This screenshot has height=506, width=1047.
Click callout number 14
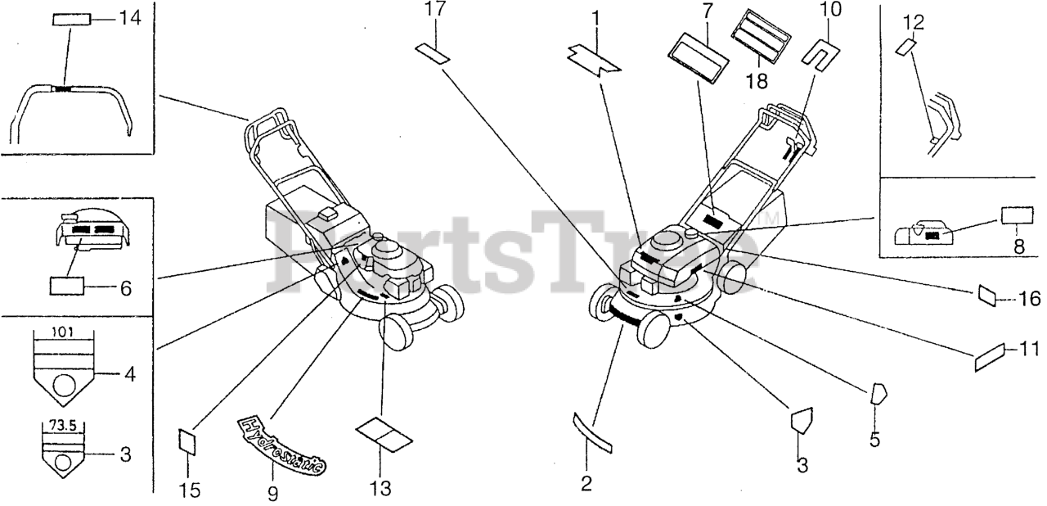129,16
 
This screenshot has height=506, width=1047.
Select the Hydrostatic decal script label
281,443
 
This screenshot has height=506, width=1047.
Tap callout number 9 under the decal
272,493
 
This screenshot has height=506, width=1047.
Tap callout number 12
914,22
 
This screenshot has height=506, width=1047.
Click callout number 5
874,440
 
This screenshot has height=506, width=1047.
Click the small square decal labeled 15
188,442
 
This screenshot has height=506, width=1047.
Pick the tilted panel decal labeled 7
699,58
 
